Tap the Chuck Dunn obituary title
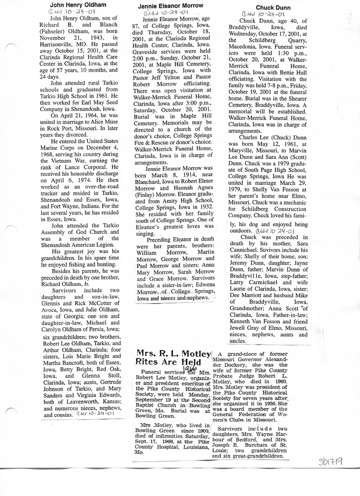272,8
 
